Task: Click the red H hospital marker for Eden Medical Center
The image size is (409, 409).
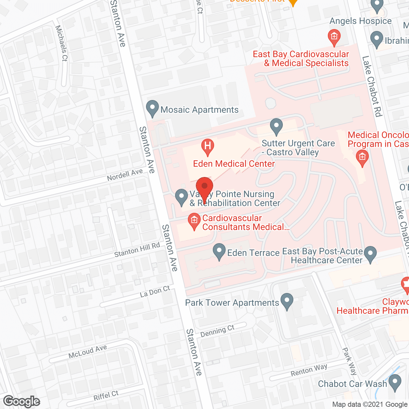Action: click(x=207, y=147)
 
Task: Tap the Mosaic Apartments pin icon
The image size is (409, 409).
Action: click(x=152, y=108)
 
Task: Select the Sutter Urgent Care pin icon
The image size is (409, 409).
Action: click(x=276, y=126)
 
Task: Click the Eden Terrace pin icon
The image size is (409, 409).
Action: click(x=219, y=251)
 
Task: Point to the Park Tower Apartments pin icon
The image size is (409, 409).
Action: click(x=287, y=301)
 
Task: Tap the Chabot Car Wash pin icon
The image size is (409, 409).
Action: click(x=395, y=382)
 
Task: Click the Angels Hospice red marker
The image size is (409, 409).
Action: click(x=334, y=37)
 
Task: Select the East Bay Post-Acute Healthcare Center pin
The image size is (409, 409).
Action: click(x=370, y=254)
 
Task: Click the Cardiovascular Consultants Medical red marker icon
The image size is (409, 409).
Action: click(x=194, y=221)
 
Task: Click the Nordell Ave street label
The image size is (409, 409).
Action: click(x=125, y=174)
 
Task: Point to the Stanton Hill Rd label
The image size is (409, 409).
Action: click(x=137, y=250)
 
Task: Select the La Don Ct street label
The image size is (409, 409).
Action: click(x=155, y=292)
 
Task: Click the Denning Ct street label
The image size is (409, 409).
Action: click(x=217, y=331)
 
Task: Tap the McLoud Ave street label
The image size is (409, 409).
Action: click(x=88, y=351)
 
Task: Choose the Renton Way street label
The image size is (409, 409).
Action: click(x=309, y=370)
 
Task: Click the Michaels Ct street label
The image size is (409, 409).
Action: click(x=61, y=43)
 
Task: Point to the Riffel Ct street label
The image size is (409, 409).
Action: click(x=106, y=396)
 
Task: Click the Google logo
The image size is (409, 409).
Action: click(x=22, y=401)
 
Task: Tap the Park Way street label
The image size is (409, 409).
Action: click(x=349, y=361)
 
